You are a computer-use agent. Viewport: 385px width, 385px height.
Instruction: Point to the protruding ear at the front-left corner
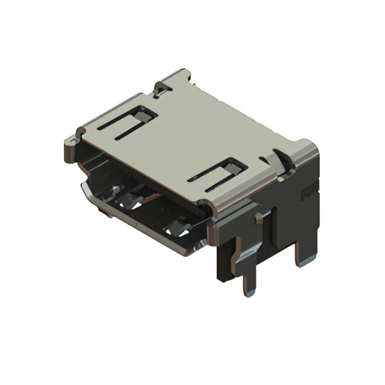[x=71, y=144]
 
